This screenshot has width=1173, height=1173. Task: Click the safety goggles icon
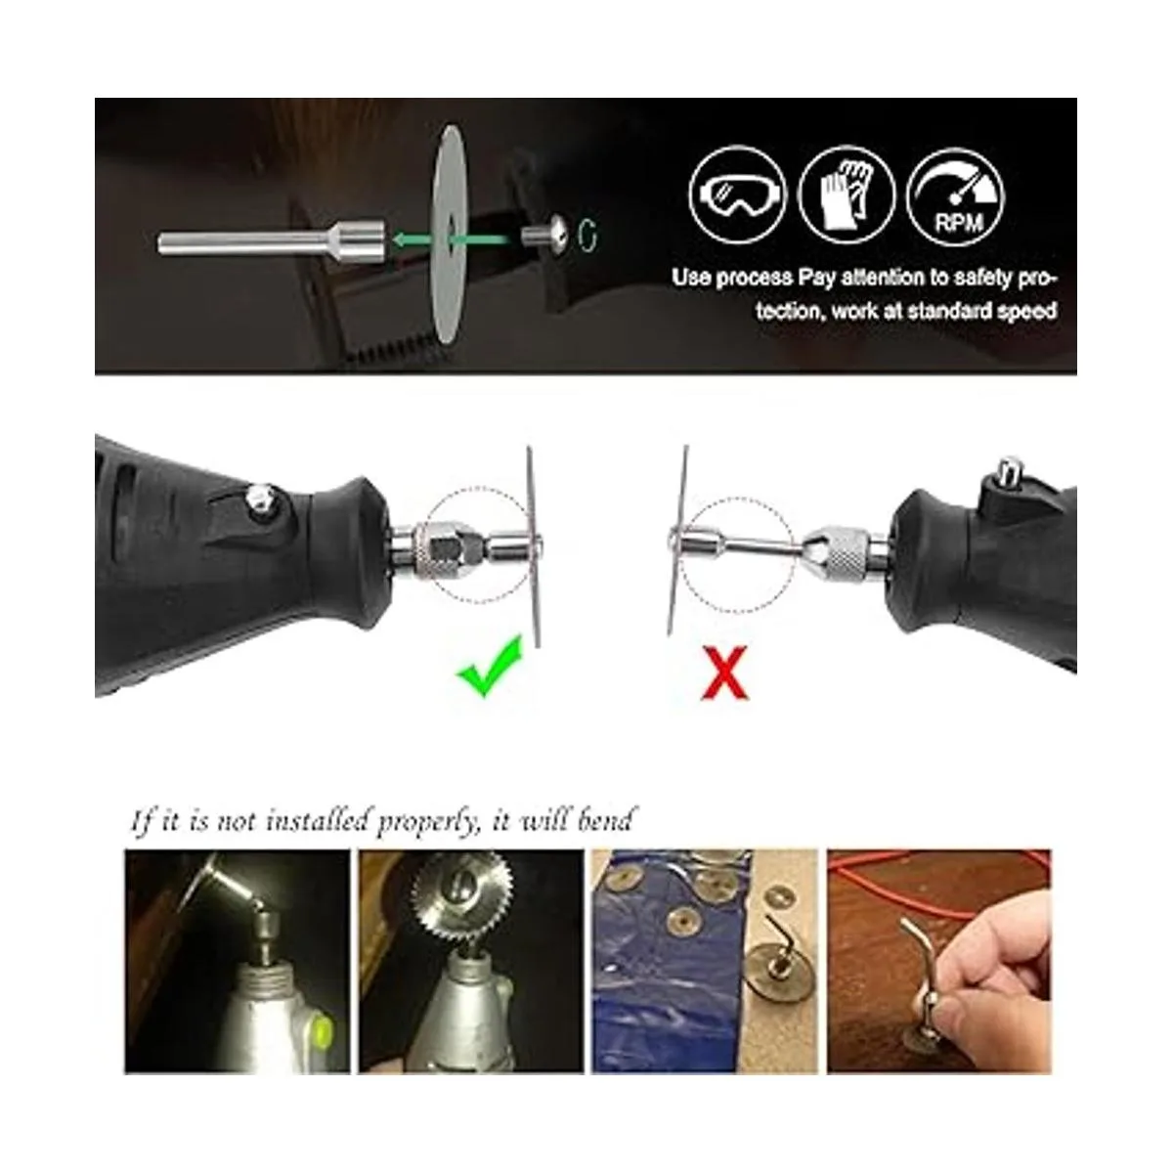738,195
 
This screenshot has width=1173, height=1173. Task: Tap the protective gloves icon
847,195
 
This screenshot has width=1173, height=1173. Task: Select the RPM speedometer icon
956,196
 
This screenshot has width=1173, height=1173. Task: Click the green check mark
490,666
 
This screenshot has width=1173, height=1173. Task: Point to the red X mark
724,673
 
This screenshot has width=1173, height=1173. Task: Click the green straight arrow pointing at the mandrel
452,239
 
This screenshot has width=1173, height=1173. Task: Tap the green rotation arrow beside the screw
588,235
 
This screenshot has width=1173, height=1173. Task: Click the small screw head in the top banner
546,235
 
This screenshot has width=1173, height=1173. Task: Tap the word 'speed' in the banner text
1026,311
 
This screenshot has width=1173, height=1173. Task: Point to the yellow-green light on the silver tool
323,1030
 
